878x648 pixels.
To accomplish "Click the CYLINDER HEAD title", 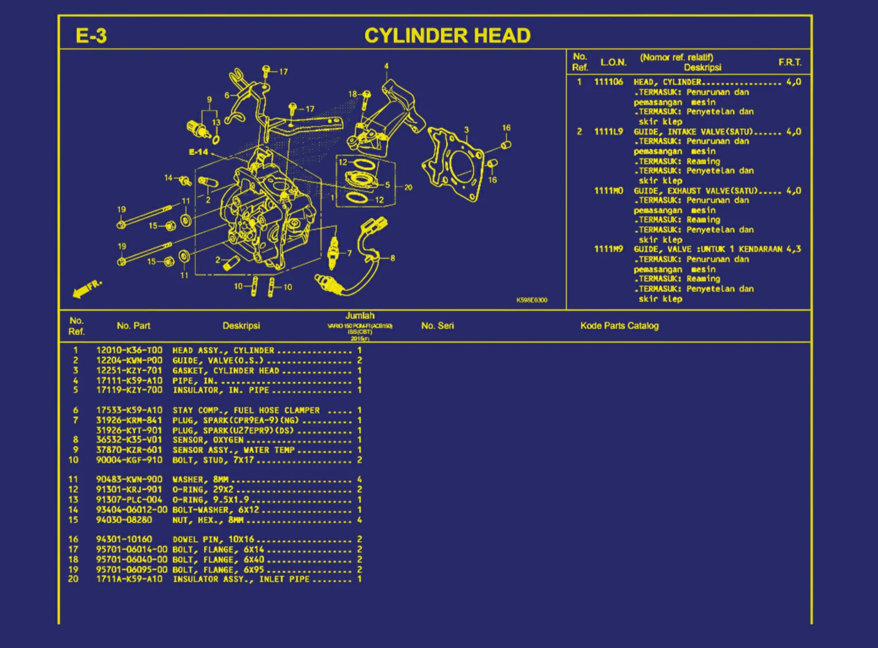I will click(x=447, y=36).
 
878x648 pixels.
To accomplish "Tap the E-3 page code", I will click(x=91, y=36).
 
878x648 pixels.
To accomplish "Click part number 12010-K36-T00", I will click(x=129, y=350).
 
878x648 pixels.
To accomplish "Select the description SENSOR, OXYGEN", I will click(x=208, y=440).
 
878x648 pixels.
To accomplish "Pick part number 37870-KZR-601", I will click(x=129, y=450).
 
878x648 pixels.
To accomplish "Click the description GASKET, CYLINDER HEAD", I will click(x=226, y=371).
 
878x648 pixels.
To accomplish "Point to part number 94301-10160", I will click(x=124, y=539).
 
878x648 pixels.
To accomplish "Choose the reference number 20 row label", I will click(x=74, y=579).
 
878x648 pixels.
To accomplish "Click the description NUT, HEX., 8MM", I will click(x=208, y=520).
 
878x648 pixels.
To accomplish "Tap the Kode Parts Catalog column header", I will click(x=619, y=326).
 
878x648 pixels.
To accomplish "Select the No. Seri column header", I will click(x=437, y=326).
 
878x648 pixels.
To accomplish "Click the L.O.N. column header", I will click(x=613, y=62).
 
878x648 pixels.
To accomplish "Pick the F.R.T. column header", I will click(x=790, y=62).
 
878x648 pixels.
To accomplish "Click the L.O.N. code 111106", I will click(x=609, y=82).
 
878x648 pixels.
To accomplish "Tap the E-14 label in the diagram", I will click(x=198, y=152).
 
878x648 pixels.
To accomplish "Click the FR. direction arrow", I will click(x=87, y=289).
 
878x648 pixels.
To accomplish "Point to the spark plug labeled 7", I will click(x=333, y=252).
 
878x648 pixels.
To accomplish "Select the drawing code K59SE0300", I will click(x=532, y=300).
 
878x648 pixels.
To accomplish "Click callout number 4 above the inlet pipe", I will click(x=386, y=66).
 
